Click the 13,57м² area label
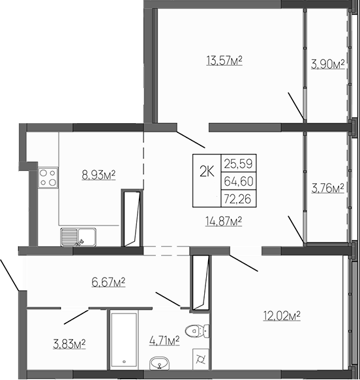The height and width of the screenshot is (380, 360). [x=224, y=62]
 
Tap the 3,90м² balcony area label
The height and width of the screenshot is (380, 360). [x=327, y=64]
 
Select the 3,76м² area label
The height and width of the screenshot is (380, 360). [x=327, y=189]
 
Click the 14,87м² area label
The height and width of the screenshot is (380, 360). [x=224, y=222]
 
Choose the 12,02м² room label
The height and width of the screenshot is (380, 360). [x=281, y=316]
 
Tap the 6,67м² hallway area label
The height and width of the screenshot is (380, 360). [x=106, y=282]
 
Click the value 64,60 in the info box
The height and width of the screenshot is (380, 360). [x=240, y=179]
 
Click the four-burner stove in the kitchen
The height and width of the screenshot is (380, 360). [x=48, y=177]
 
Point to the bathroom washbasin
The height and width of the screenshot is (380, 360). [x=160, y=363]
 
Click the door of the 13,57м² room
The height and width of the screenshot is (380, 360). [x=190, y=136]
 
